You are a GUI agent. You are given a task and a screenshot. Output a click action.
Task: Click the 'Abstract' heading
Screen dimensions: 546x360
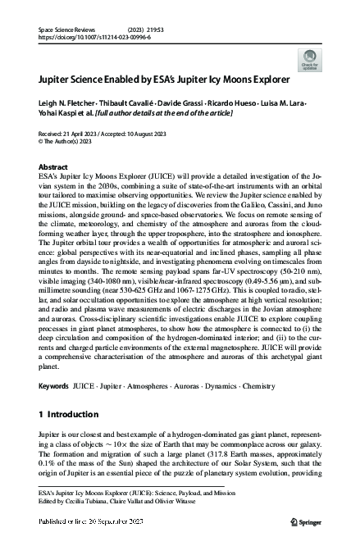coord(53,166)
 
